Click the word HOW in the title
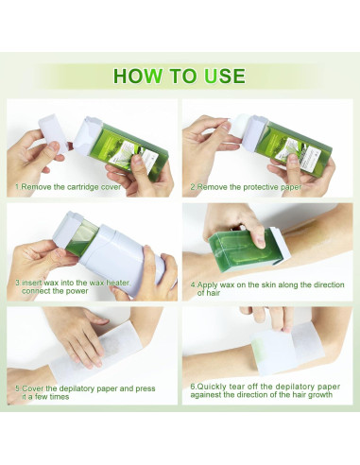coord(138,76)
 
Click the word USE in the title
coord(225,76)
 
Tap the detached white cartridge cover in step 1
coord(53,133)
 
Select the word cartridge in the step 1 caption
coord(83,187)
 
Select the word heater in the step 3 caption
coord(117,283)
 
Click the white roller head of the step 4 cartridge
coord(281,244)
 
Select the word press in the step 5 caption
coord(146,388)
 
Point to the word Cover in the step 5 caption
coord(33,388)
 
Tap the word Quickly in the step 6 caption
coord(212,387)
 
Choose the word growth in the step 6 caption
coord(320,395)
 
